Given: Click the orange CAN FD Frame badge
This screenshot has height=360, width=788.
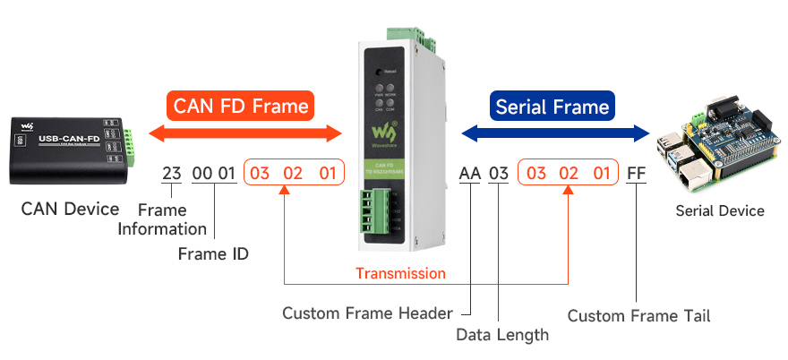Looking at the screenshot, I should [241, 107].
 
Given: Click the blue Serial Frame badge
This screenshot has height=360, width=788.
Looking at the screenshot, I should [552, 107].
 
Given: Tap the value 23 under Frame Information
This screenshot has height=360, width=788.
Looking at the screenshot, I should [171, 173].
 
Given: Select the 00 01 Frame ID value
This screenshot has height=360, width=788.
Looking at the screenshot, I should [214, 173].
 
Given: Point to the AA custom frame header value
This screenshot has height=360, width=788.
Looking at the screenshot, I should [469, 173].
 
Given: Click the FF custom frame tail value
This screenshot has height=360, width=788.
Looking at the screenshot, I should [636, 173].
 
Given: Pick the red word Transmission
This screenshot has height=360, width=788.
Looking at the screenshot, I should [400, 273].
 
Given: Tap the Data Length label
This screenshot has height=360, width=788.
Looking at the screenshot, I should [501, 335].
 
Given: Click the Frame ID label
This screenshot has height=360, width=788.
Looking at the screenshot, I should [213, 253].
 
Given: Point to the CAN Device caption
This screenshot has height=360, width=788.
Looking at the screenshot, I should [70, 209].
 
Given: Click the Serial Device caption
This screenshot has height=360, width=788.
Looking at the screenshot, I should [721, 210].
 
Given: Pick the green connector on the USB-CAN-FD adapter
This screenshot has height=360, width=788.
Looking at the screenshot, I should [132, 146].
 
